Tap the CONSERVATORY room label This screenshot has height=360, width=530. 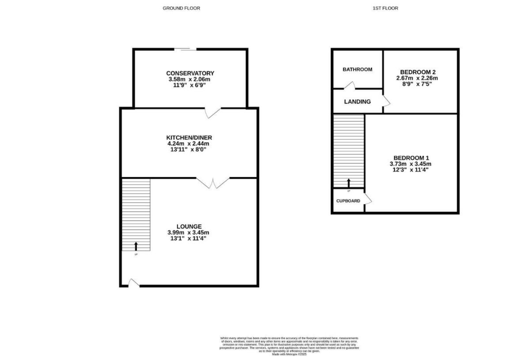coord(190,73)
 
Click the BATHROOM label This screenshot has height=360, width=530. coord(357,69)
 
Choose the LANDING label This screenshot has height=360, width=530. coord(357,102)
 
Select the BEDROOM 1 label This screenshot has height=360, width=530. coord(411,158)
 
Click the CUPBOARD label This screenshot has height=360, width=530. coord(348,201)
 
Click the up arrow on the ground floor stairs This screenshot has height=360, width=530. coord(136,246)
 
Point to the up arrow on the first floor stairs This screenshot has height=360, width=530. coord(348,183)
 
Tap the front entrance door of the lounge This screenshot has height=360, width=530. coord(133,283)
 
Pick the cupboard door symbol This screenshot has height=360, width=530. coord(367,200)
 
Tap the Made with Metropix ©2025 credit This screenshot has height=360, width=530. coord(289,354)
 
